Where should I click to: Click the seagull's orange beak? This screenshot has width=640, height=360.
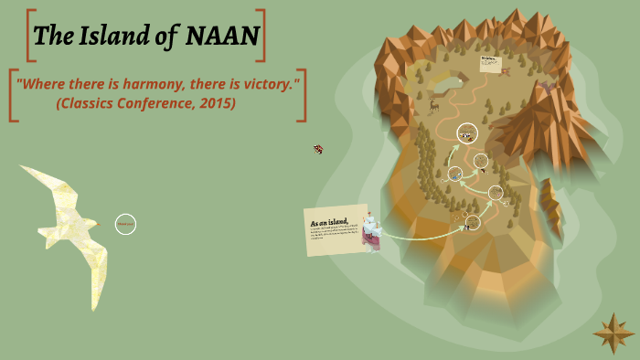[x=24, y=167]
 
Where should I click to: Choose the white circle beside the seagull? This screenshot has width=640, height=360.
[x=125, y=223]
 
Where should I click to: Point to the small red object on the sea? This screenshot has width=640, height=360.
[x=318, y=148]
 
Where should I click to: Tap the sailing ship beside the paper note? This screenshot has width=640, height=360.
[x=370, y=232]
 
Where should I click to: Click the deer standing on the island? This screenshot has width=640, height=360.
[x=433, y=104]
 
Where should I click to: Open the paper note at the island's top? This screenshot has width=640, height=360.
[x=491, y=62]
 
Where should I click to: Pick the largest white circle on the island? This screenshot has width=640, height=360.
[x=467, y=133]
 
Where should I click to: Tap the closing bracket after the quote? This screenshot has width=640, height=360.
[x=300, y=94]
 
